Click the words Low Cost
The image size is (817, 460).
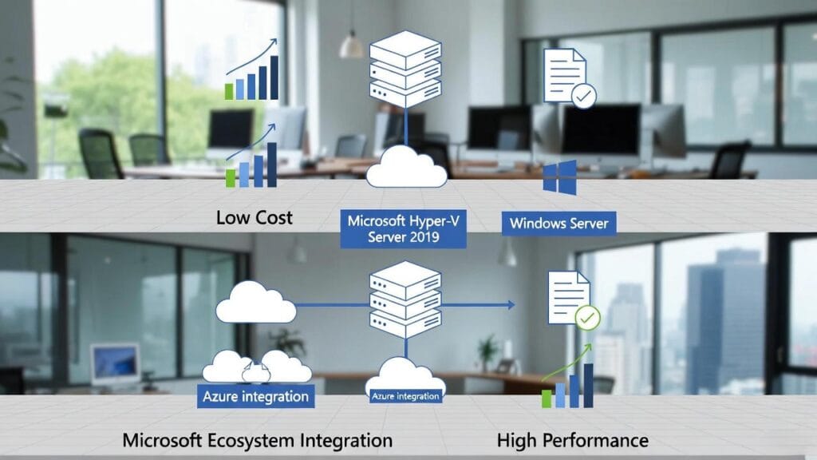coord(254,217)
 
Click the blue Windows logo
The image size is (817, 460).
coord(559,177)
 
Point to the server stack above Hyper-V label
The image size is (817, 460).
coord(405,69)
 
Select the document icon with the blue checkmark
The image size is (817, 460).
coord(567,77)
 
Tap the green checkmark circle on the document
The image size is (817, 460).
coord(587,318)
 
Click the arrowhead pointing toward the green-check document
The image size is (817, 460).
coord(509,304)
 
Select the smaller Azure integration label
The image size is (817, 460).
coord(405,395)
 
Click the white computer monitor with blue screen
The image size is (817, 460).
coord(115,364)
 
